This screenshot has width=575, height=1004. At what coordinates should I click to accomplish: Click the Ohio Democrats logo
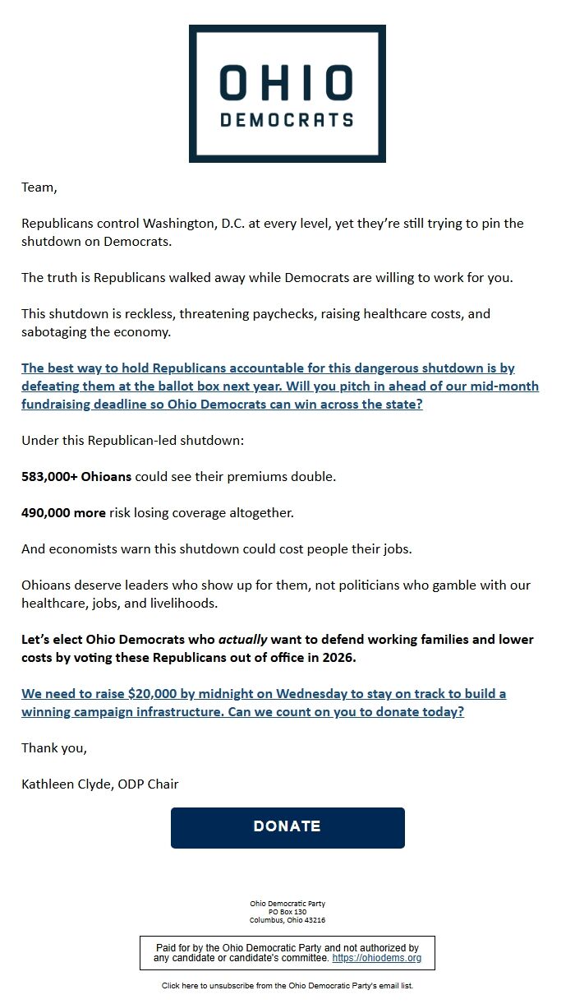click(x=287, y=93)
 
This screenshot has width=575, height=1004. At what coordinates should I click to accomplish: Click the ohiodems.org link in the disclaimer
click(x=376, y=959)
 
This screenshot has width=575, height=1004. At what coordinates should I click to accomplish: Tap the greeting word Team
click(x=38, y=187)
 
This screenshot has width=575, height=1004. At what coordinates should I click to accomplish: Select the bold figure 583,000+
click(x=48, y=477)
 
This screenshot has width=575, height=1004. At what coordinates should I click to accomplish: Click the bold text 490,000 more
click(x=63, y=513)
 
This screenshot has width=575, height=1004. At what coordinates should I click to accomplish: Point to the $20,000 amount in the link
click(x=156, y=694)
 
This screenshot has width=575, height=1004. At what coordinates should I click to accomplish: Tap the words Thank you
click(x=53, y=748)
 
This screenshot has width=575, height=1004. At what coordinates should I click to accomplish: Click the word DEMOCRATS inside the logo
click(x=287, y=120)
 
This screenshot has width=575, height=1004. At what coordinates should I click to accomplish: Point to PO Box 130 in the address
click(x=287, y=912)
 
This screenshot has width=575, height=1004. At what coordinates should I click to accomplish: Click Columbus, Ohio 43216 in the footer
click(x=287, y=920)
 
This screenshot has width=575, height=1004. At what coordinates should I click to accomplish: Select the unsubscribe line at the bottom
click(x=287, y=985)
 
